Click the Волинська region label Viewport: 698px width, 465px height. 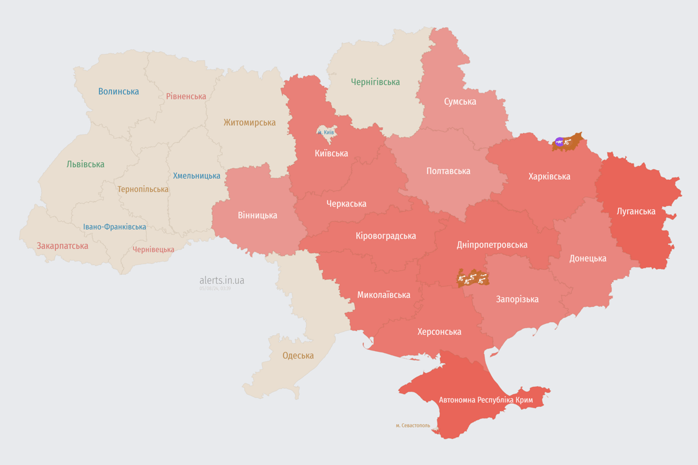(x=119, y=91)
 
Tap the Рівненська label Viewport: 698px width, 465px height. (x=186, y=96)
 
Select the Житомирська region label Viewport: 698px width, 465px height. (x=249, y=122)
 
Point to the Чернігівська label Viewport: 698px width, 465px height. (x=375, y=82)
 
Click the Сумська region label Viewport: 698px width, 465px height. (x=460, y=101)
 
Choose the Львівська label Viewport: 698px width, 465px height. (x=85, y=164)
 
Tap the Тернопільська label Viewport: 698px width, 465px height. (x=143, y=189)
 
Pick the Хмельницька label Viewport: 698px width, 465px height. (x=196, y=176)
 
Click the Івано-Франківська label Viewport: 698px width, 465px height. (x=115, y=227)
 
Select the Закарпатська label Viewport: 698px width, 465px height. (x=62, y=246)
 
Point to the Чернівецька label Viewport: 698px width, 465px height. (x=153, y=249)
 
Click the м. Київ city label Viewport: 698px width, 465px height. (x=325, y=132)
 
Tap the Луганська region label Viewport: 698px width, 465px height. (x=636, y=211)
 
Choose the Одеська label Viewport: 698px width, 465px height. (x=298, y=355)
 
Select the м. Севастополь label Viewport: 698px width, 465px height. (x=413, y=426)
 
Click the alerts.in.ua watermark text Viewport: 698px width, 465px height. (x=222, y=280)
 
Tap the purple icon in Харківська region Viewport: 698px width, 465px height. (x=559, y=142)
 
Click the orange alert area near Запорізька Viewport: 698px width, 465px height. (x=473, y=278)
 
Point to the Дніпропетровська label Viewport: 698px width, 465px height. (x=491, y=245)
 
